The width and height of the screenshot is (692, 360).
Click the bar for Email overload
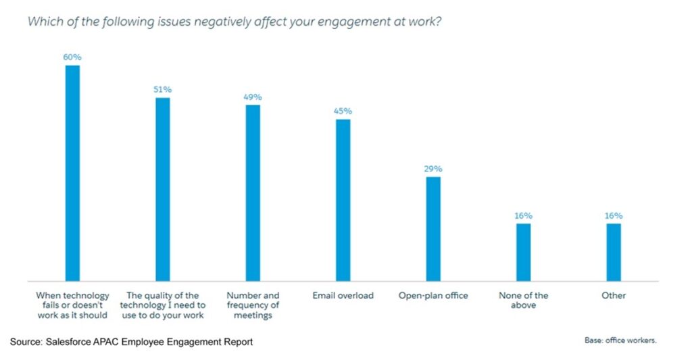(x=343, y=200)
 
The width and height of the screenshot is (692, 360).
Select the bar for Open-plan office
(x=433, y=228)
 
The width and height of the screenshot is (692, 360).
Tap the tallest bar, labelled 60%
(x=72, y=173)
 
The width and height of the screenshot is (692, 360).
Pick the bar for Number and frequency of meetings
(x=253, y=192)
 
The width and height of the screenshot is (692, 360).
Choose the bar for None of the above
(x=524, y=252)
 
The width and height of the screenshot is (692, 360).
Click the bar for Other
(x=614, y=252)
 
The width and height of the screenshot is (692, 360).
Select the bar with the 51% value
(x=163, y=189)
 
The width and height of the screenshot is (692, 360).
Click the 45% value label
(x=343, y=111)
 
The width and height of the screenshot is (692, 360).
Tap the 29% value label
(x=433, y=169)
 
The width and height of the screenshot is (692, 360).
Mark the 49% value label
(x=253, y=97)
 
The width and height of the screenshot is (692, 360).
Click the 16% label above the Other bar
(x=614, y=216)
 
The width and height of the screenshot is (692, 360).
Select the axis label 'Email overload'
(x=343, y=296)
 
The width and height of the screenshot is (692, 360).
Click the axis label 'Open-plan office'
(x=433, y=296)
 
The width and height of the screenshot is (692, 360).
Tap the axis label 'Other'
(x=614, y=296)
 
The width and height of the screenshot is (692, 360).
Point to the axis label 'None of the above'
(x=524, y=301)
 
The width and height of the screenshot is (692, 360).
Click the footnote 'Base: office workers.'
(x=620, y=340)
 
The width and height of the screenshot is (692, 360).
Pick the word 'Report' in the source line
(x=237, y=342)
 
